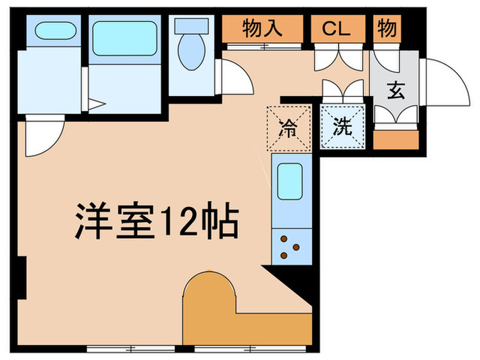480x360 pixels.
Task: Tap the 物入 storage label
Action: coord(263,29)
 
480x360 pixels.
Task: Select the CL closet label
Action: coord(337,29)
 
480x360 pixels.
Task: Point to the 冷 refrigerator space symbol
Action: coord(289,127)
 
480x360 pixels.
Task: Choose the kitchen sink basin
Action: coord(291,182)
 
